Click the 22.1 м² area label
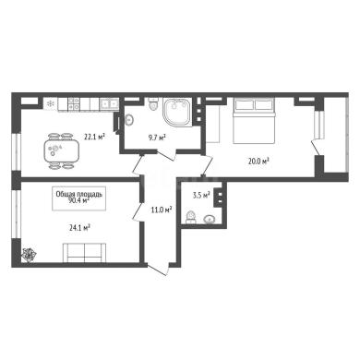95,137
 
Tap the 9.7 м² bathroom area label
157,138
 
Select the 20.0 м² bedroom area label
258,161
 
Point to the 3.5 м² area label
201,195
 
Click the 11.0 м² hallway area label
162,210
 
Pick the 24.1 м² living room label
79,228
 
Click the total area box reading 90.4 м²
79,198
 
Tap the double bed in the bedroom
254,121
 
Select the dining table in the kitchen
61,150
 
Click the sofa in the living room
84,253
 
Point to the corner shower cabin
176,112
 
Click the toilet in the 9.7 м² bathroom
153,104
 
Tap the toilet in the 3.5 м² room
191,217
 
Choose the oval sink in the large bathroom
129,120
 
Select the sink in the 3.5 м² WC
210,219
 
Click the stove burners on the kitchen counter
74,104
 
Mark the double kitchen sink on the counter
109,103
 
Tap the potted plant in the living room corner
29,255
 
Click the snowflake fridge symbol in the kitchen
50,103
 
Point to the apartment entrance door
158,270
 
